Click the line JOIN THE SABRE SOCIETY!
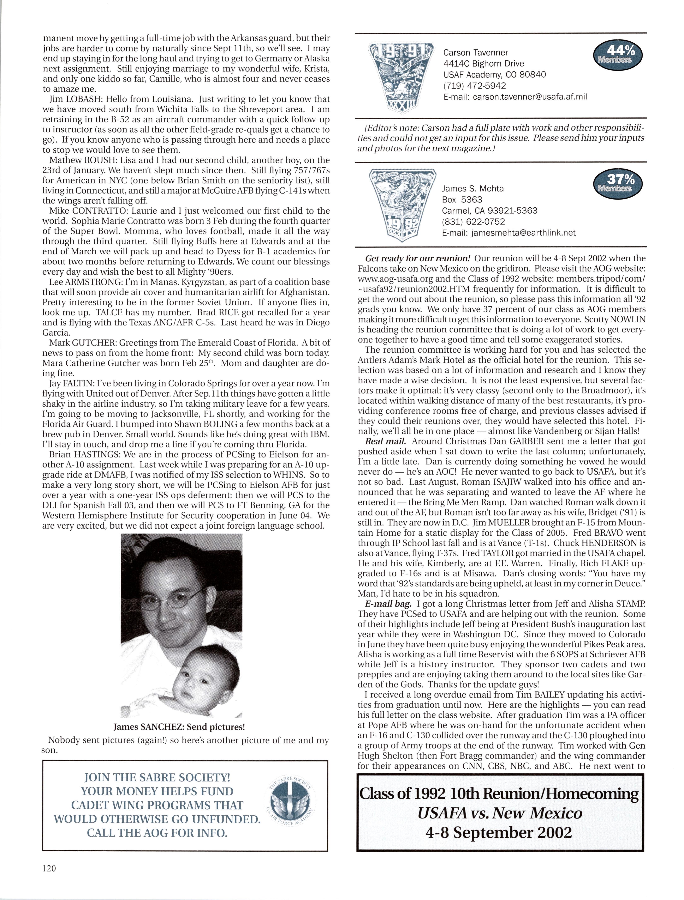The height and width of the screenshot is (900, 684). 157,778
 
